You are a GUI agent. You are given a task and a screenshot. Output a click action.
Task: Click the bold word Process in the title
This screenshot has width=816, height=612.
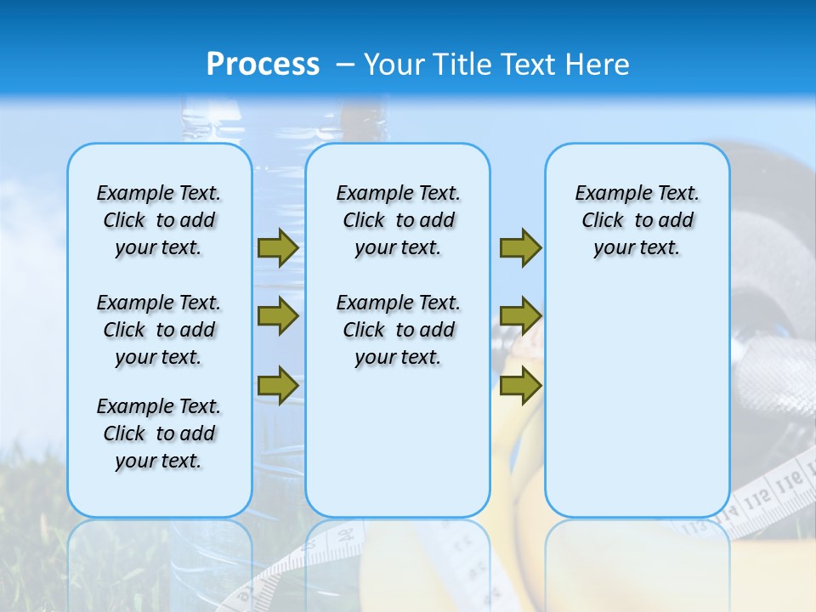[x=263, y=65]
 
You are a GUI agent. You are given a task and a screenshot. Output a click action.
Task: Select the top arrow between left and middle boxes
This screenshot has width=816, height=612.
[x=278, y=248]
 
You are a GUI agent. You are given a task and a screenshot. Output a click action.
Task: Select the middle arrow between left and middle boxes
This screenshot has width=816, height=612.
[x=278, y=316]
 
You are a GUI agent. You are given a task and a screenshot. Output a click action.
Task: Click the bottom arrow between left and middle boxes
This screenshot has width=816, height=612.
[x=278, y=385]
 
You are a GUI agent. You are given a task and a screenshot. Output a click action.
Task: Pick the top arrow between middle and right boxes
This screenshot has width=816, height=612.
[x=520, y=248]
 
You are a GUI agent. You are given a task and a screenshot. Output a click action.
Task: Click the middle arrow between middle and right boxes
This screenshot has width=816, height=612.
[x=520, y=316]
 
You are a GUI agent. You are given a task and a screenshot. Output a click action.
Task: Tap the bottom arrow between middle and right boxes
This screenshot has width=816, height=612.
[x=520, y=385]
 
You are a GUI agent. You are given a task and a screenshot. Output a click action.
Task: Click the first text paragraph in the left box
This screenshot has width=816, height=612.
[x=158, y=220]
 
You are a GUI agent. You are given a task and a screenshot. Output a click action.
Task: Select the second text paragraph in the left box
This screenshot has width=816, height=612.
[x=158, y=330]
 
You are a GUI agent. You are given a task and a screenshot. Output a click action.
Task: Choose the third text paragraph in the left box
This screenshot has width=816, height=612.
[x=158, y=433]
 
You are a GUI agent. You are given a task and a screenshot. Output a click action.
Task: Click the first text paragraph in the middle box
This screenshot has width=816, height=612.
[x=398, y=220]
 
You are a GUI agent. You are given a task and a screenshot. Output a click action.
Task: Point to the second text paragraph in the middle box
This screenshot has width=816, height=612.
[x=398, y=330]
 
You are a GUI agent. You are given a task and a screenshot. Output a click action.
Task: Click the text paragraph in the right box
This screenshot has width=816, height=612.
[x=637, y=220]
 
